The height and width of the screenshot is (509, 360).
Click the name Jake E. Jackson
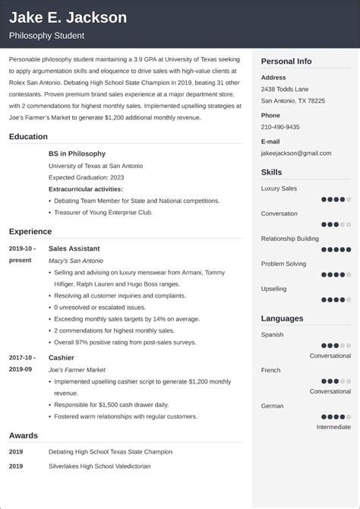click(x=68, y=17)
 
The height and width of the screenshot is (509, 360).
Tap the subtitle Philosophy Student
click(x=46, y=36)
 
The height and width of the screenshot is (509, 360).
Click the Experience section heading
click(x=30, y=231)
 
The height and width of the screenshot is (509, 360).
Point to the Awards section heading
click(x=25, y=435)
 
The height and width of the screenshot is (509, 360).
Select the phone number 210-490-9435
click(x=280, y=127)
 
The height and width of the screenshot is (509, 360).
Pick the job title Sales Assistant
click(x=74, y=248)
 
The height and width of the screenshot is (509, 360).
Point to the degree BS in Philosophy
click(x=77, y=153)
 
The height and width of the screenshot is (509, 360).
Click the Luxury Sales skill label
click(x=279, y=188)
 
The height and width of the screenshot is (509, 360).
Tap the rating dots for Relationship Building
click(x=336, y=250)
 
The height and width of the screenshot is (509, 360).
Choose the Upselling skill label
click(x=274, y=289)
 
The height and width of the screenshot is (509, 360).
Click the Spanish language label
click(x=272, y=334)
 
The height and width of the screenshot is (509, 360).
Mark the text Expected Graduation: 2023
click(x=85, y=176)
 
